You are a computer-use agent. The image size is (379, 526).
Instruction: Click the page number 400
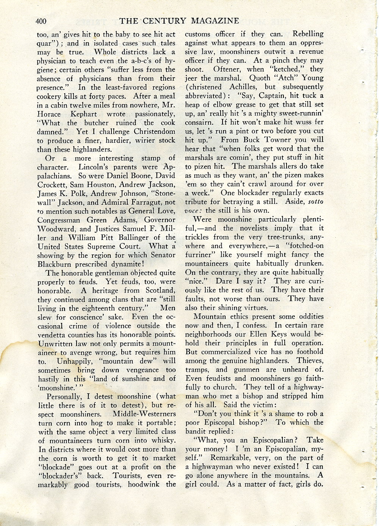(41, 21)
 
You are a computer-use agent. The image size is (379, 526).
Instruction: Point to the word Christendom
(155, 131)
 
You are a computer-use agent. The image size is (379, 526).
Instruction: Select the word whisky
(163, 440)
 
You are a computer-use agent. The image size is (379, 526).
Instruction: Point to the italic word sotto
(316, 202)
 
